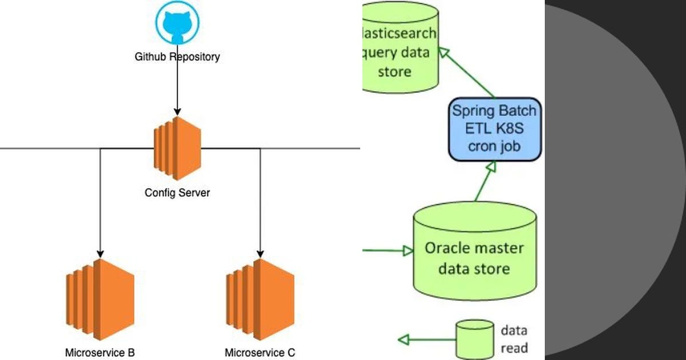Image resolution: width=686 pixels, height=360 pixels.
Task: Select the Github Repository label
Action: (177, 57)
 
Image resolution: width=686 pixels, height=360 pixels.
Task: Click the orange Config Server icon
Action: (177, 149)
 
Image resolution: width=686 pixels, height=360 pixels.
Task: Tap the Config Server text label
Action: (177, 193)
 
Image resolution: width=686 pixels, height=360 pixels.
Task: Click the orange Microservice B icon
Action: (100, 299)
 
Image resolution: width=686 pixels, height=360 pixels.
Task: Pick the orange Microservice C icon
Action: (260, 299)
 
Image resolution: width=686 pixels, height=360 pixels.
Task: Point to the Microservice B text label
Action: (100, 352)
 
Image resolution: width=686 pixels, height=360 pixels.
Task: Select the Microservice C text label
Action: (260, 352)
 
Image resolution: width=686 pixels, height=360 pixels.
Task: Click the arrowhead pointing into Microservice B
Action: (100, 253)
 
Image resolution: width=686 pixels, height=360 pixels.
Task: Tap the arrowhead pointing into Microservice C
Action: (261, 253)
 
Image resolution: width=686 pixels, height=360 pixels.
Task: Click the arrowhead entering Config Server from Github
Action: (177, 110)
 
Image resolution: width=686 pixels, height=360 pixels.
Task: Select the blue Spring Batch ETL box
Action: (494, 128)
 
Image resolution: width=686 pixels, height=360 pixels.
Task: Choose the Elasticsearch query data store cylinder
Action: (400, 49)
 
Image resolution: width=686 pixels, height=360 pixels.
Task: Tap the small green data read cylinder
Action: (474, 339)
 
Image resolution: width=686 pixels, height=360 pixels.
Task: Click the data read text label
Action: (514, 338)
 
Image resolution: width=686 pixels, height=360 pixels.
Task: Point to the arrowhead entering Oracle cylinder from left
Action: (408, 251)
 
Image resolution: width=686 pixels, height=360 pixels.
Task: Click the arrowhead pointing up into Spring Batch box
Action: (490, 166)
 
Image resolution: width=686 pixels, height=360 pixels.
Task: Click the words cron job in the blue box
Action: (494, 146)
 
